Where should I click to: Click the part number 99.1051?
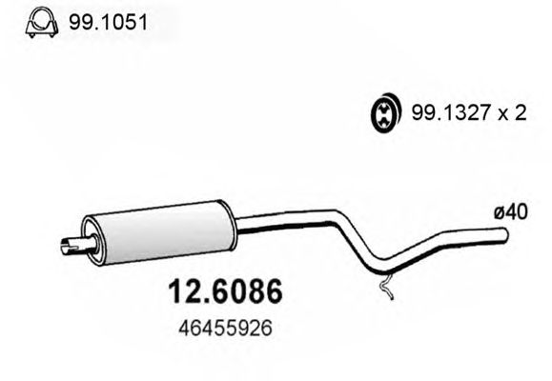point(108,23)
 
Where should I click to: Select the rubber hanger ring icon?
point(385,113)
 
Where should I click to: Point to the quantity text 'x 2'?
point(512,113)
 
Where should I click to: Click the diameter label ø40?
point(511,212)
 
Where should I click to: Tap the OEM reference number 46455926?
point(225,330)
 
